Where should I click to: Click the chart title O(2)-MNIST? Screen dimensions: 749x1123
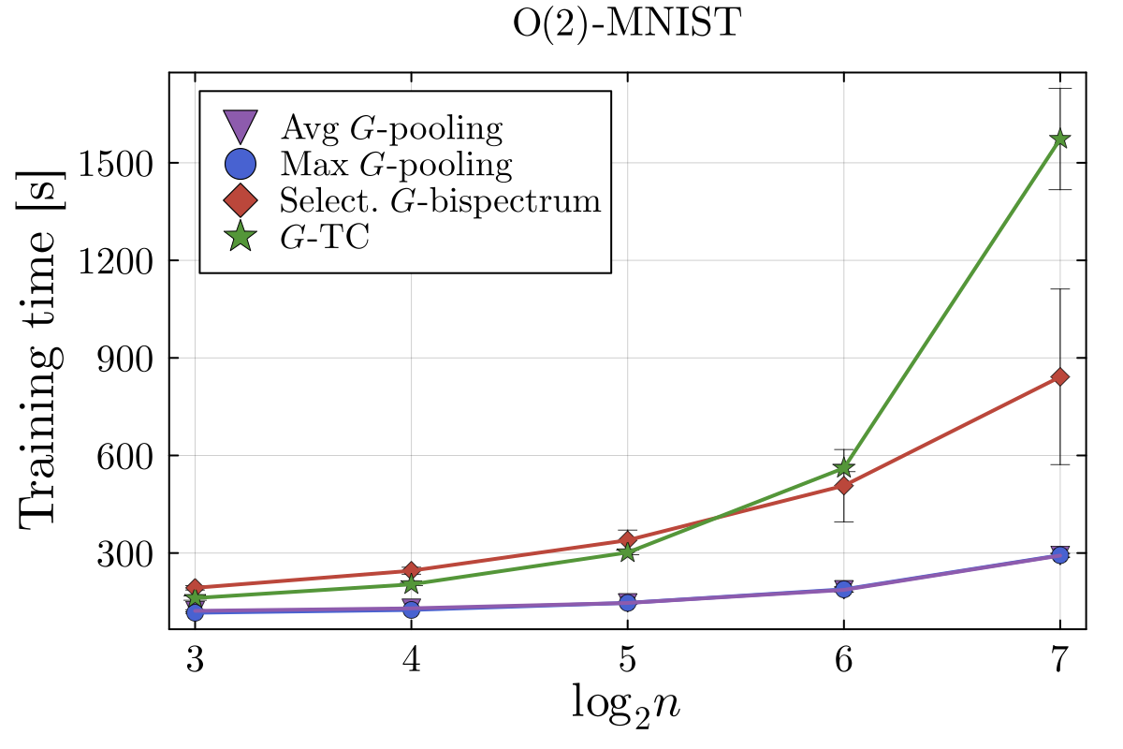pyautogui.click(x=626, y=24)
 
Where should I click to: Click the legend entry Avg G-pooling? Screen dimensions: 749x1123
pyautogui.click(x=391, y=126)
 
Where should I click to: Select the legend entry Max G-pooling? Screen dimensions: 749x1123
pyautogui.click(x=396, y=164)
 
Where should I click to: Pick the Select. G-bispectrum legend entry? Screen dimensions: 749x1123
pyautogui.click(x=440, y=200)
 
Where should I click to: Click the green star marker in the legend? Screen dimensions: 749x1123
pyautogui.click(x=241, y=238)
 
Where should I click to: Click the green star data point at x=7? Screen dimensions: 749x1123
pyautogui.click(x=1059, y=139)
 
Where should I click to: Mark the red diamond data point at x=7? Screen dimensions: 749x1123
pyautogui.click(x=1059, y=376)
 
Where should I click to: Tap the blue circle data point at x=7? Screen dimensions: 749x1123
pyautogui.click(x=1059, y=555)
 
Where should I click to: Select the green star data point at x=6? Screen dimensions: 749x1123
pyautogui.click(x=843, y=467)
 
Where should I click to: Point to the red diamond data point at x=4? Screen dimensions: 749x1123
pyautogui.click(x=411, y=570)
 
